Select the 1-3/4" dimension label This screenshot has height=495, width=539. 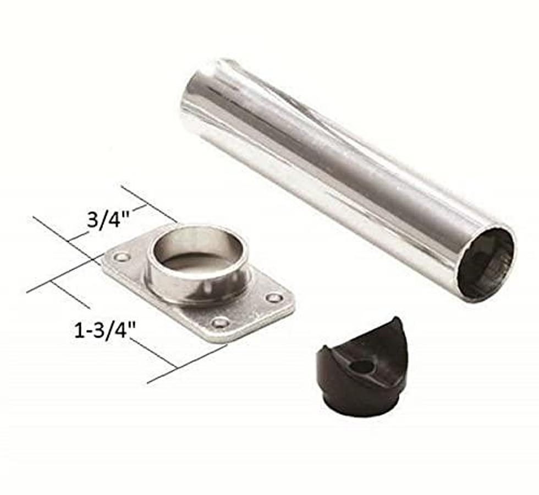click(105, 331)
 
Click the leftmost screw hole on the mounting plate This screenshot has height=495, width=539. click(121, 256)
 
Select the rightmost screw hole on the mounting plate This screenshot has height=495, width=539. click(273, 298)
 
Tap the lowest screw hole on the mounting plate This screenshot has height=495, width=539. click(220, 322)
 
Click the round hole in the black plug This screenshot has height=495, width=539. click(361, 366)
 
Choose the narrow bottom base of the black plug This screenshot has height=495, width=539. click(360, 407)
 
